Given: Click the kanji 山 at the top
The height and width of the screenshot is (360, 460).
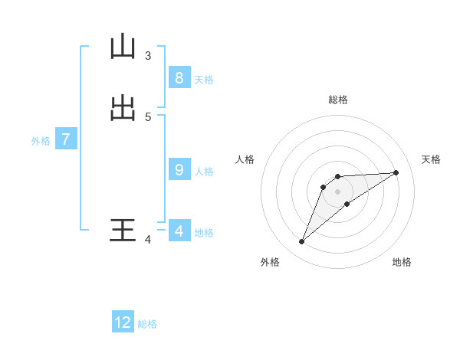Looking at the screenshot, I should point(123,47).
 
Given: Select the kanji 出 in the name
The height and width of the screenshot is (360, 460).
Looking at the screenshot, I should point(123,108).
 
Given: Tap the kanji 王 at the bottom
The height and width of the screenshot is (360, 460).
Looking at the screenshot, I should point(123,231).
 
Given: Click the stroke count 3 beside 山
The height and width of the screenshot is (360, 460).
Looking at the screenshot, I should point(148,55).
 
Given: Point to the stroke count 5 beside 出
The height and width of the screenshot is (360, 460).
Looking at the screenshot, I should point(148,116).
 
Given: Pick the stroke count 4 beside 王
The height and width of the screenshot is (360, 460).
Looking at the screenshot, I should point(148,240).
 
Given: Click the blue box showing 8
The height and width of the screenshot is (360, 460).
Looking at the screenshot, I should point(179,77).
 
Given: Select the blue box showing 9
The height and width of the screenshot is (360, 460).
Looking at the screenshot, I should point(179,169).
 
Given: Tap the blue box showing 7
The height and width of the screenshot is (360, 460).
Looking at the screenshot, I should point(66,139).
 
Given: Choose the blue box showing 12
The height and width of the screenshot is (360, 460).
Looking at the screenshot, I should point(123,322).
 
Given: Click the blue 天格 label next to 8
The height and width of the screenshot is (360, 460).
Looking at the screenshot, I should point(204,79).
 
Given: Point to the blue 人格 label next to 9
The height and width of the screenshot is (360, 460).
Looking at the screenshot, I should point(204,171).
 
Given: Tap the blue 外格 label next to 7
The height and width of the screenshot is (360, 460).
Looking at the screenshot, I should point(41,141).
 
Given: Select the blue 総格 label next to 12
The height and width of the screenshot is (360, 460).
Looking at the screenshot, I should point(147,324).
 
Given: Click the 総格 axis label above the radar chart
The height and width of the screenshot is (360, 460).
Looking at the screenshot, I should point(337,100).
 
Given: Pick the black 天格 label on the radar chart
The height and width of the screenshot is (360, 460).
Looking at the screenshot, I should point(431,159).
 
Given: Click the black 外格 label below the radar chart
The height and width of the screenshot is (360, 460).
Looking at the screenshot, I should point(270,262).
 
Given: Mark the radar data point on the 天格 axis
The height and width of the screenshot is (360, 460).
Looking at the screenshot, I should point(396,172).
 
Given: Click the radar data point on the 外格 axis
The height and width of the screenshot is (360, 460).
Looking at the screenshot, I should point(301,242).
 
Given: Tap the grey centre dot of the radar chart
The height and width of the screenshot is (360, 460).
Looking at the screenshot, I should point(337,191).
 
